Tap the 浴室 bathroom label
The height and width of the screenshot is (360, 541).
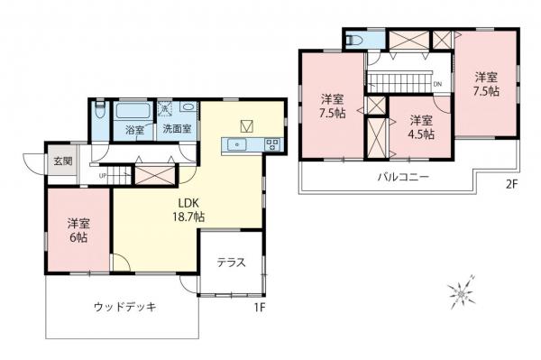(135, 129)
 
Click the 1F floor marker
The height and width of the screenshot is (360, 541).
(260, 307)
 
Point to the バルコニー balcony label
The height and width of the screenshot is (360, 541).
(402, 177)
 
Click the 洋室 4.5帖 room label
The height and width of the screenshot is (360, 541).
(419, 127)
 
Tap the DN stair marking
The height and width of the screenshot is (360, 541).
(437, 86)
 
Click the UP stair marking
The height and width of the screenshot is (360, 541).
(103, 174)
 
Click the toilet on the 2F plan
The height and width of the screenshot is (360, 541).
(353, 42)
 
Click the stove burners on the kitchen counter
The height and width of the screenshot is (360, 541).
(271, 144)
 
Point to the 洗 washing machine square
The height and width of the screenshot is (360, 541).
(165, 108)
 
